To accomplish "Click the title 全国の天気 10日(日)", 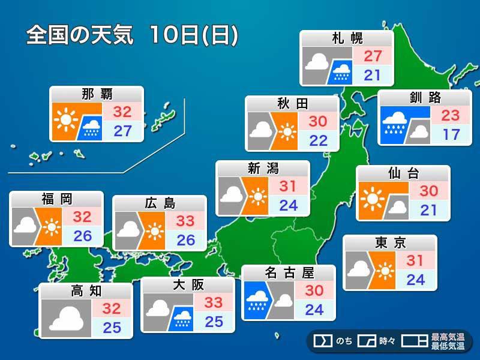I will (x=132, y=35).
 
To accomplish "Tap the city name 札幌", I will (x=347, y=39).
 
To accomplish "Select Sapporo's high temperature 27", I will (x=373, y=56).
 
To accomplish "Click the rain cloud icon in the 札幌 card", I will (x=342, y=71).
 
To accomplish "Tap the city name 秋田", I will (x=292, y=104).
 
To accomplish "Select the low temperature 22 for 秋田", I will (x=317, y=140).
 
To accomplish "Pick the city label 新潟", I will (x=263, y=168).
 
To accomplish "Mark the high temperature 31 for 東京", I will (x=415, y=262).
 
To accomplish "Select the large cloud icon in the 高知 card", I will (x=66, y=316).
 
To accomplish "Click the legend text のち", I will (x=344, y=342).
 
